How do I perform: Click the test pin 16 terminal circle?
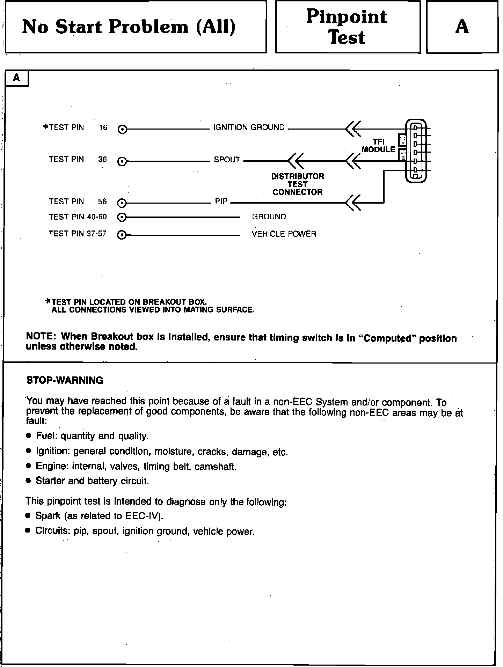pyautogui.click(x=122, y=129)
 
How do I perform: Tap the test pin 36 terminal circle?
pyautogui.click(x=122, y=161)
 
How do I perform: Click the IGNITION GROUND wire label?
pyautogui.click(x=249, y=127)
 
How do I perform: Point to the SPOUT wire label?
pyautogui.click(x=227, y=160)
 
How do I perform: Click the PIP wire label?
pyautogui.click(x=221, y=201)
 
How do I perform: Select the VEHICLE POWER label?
pyautogui.click(x=284, y=234)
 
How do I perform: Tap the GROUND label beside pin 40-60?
pyautogui.click(x=269, y=217)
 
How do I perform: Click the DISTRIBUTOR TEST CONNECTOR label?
pyautogui.click(x=298, y=184)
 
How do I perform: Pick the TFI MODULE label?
pyautogui.click(x=378, y=146)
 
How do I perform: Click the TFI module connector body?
pyautogui.click(x=416, y=151)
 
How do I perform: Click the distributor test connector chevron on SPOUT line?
pyautogui.click(x=295, y=161)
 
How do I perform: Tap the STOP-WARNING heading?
pyautogui.click(x=65, y=380)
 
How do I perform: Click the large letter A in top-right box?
pyautogui.click(x=462, y=27)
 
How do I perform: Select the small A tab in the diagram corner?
pyautogui.click(x=16, y=78)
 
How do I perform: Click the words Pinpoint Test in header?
pyautogui.click(x=347, y=27)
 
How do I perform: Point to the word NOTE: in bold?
pyautogui.click(x=41, y=336)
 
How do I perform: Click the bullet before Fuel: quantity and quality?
pyautogui.click(x=29, y=436)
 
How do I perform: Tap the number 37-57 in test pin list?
pyautogui.click(x=96, y=234)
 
